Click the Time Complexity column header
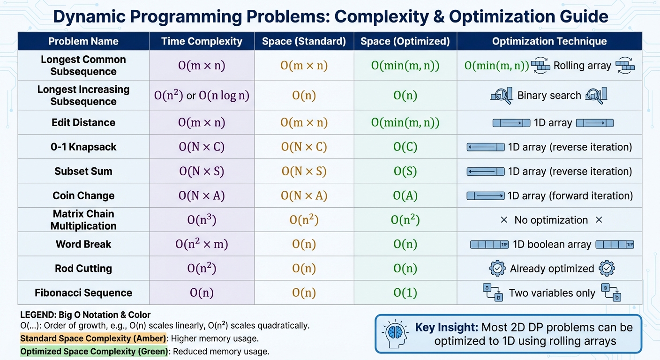coord(202,41)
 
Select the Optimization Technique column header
coord(549,41)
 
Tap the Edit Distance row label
coord(83,123)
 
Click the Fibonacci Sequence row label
coord(83,293)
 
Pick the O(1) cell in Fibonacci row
coord(405,293)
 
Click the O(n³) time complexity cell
coord(202,220)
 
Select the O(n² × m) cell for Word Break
coord(202,244)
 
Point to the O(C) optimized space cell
coord(405,147)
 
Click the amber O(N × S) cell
coord(304,172)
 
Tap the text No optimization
coord(551,220)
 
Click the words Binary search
coord(549,96)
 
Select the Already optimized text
coord(552,269)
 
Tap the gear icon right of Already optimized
coord(607,269)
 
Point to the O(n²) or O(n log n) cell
coord(202,96)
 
